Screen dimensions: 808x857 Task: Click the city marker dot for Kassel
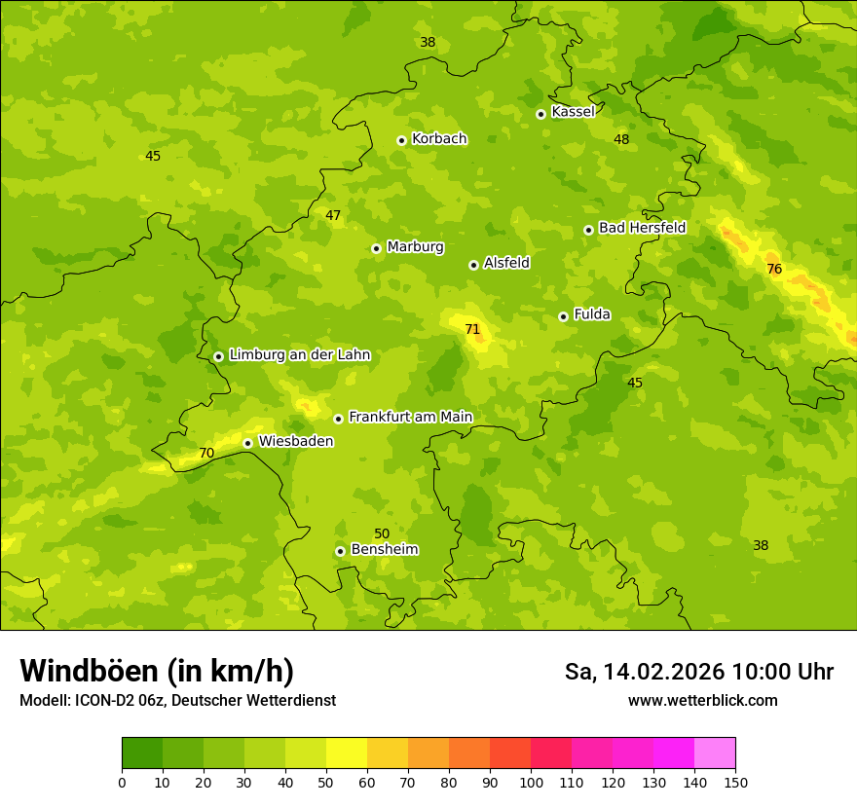pyautogui.click(x=540, y=114)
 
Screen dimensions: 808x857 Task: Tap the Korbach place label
pyautogui.click(x=439, y=139)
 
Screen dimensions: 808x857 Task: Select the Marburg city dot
pyautogui.click(x=376, y=248)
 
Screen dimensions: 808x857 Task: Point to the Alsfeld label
pyautogui.click(x=506, y=263)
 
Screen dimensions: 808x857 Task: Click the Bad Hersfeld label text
pyautogui.click(x=642, y=228)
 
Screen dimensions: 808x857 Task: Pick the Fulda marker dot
pyautogui.click(x=563, y=316)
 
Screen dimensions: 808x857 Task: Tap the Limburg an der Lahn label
pyautogui.click(x=299, y=355)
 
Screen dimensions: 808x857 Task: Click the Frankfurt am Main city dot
pyautogui.click(x=338, y=419)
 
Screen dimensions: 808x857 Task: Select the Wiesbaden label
pyautogui.click(x=296, y=441)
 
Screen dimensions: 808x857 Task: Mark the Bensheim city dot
pyautogui.click(x=340, y=551)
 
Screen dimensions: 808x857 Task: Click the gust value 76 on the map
pyautogui.click(x=774, y=269)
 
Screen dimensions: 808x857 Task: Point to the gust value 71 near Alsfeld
pyautogui.click(x=472, y=330)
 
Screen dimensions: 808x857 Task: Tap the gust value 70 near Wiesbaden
pyautogui.click(x=206, y=454)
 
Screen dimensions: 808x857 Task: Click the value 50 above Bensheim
pyautogui.click(x=382, y=533)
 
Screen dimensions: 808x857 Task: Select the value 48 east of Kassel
pyautogui.click(x=621, y=139)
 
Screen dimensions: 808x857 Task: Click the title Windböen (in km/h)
pyautogui.click(x=157, y=671)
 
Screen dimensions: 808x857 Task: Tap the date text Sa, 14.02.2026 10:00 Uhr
pyautogui.click(x=698, y=672)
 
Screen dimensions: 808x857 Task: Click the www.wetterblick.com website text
pyautogui.click(x=702, y=701)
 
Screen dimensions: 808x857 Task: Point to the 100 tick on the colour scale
pyautogui.click(x=531, y=782)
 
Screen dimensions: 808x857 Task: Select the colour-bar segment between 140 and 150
pyautogui.click(x=715, y=753)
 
